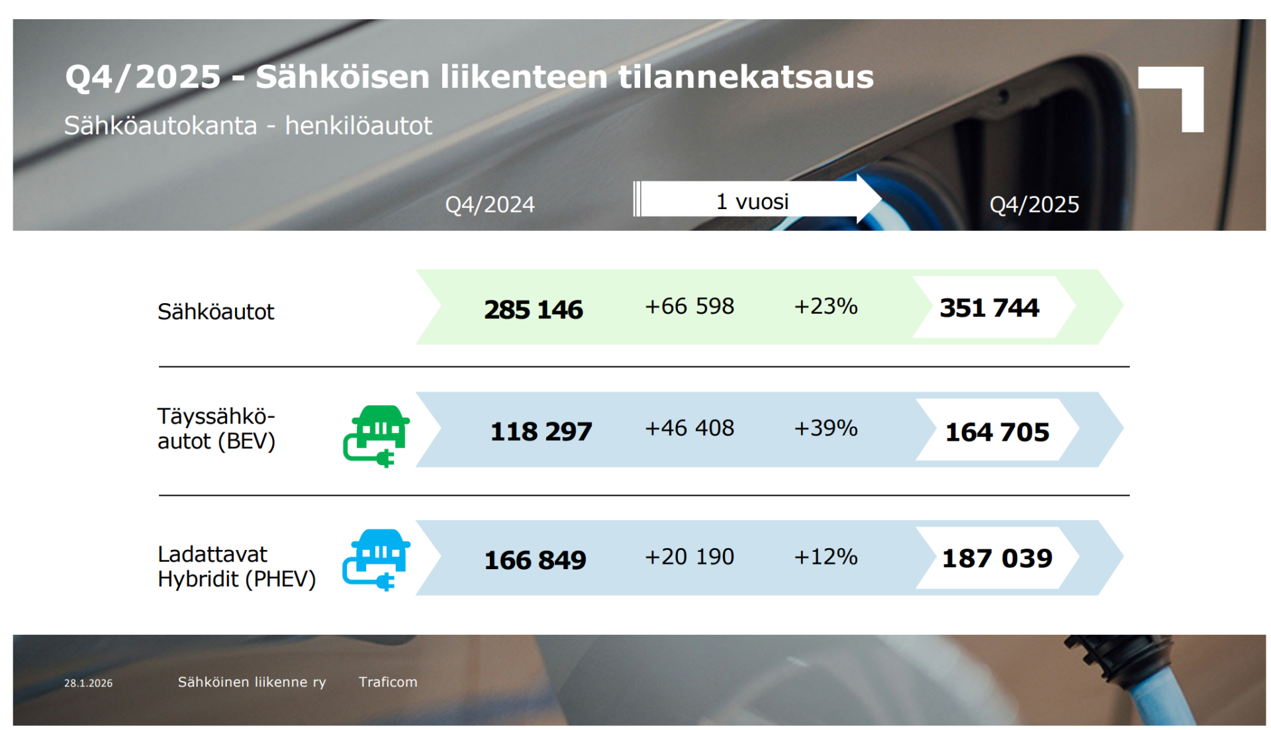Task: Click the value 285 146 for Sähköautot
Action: (533, 310)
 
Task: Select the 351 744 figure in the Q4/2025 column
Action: (989, 308)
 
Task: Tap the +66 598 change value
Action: (689, 306)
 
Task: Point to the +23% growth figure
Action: (825, 306)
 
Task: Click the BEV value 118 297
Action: (541, 432)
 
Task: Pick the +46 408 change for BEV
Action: (689, 428)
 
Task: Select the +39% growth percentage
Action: (825, 428)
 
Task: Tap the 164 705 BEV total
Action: (996, 432)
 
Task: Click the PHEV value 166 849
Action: (535, 560)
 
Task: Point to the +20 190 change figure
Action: (689, 557)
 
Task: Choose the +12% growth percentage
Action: (825, 557)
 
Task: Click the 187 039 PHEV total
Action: (996, 558)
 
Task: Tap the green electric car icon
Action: (377, 435)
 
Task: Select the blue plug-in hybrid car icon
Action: (377, 559)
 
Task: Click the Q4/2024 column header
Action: (489, 205)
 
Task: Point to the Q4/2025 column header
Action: (1033, 205)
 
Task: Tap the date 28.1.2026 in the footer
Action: (88, 683)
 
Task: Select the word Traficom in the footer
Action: (388, 682)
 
